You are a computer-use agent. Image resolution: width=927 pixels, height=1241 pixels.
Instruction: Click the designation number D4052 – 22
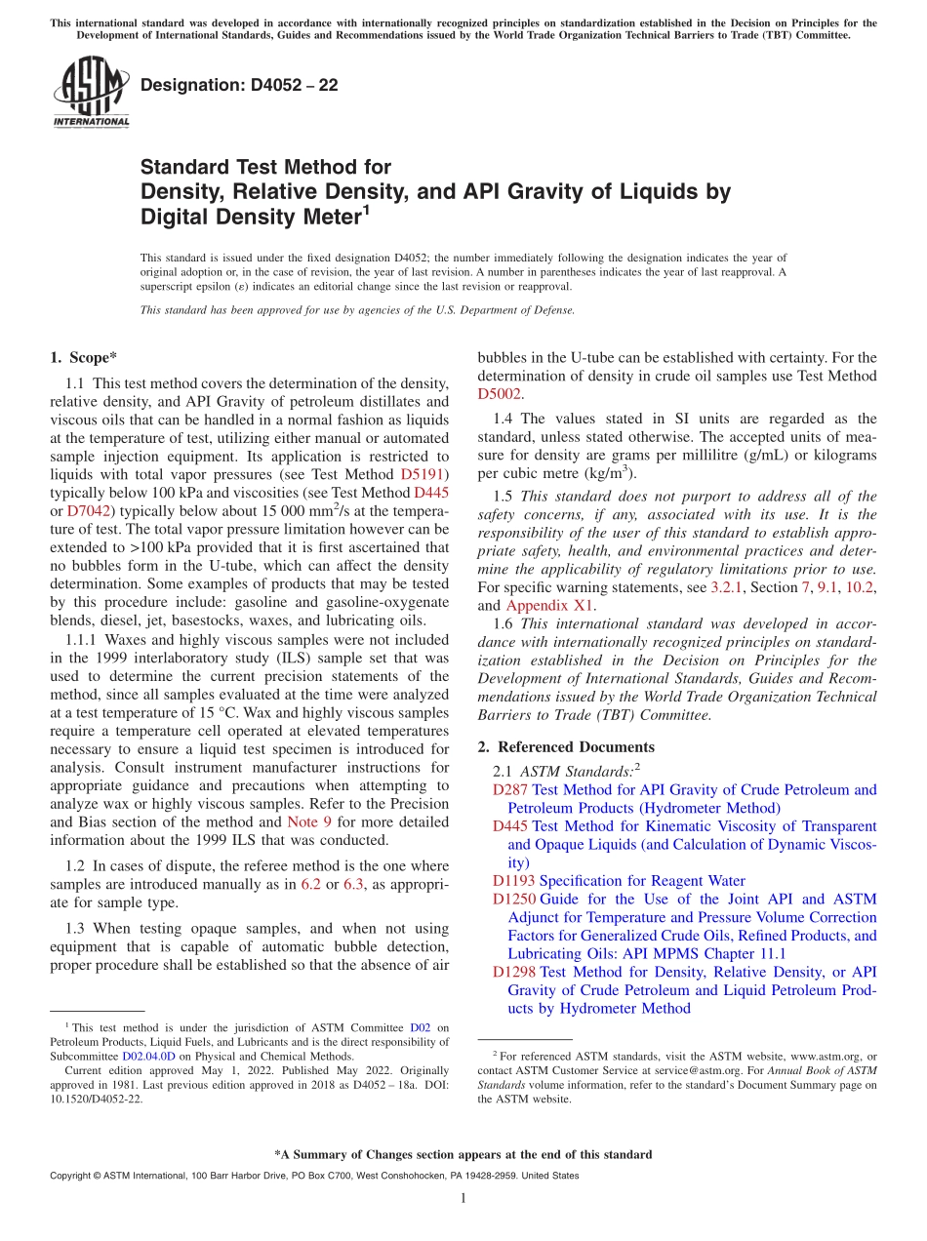(239, 86)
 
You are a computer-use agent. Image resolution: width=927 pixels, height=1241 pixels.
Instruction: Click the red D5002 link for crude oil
(500, 394)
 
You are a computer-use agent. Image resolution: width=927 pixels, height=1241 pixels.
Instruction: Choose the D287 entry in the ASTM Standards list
(510, 789)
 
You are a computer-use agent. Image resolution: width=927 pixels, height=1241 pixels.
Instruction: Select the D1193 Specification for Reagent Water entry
(619, 881)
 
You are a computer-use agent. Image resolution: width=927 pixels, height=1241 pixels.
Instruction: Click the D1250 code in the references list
(513, 899)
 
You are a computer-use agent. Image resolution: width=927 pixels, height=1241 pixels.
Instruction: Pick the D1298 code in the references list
(513, 972)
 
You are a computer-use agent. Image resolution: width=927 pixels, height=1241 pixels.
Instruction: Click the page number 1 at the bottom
(463, 1199)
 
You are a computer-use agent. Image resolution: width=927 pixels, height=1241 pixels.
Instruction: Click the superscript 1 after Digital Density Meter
(366, 209)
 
